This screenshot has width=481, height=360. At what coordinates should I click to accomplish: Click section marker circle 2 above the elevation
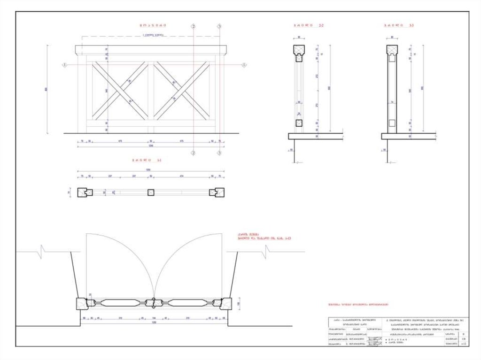(x=193, y=27)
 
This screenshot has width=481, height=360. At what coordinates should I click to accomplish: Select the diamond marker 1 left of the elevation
(x=64, y=65)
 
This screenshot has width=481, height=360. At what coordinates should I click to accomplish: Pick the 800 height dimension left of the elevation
(x=47, y=89)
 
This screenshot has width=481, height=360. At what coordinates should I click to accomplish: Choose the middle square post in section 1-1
(x=151, y=192)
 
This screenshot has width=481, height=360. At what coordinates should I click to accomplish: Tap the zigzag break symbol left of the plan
(x=43, y=252)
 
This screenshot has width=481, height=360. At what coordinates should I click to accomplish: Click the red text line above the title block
(x=358, y=305)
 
